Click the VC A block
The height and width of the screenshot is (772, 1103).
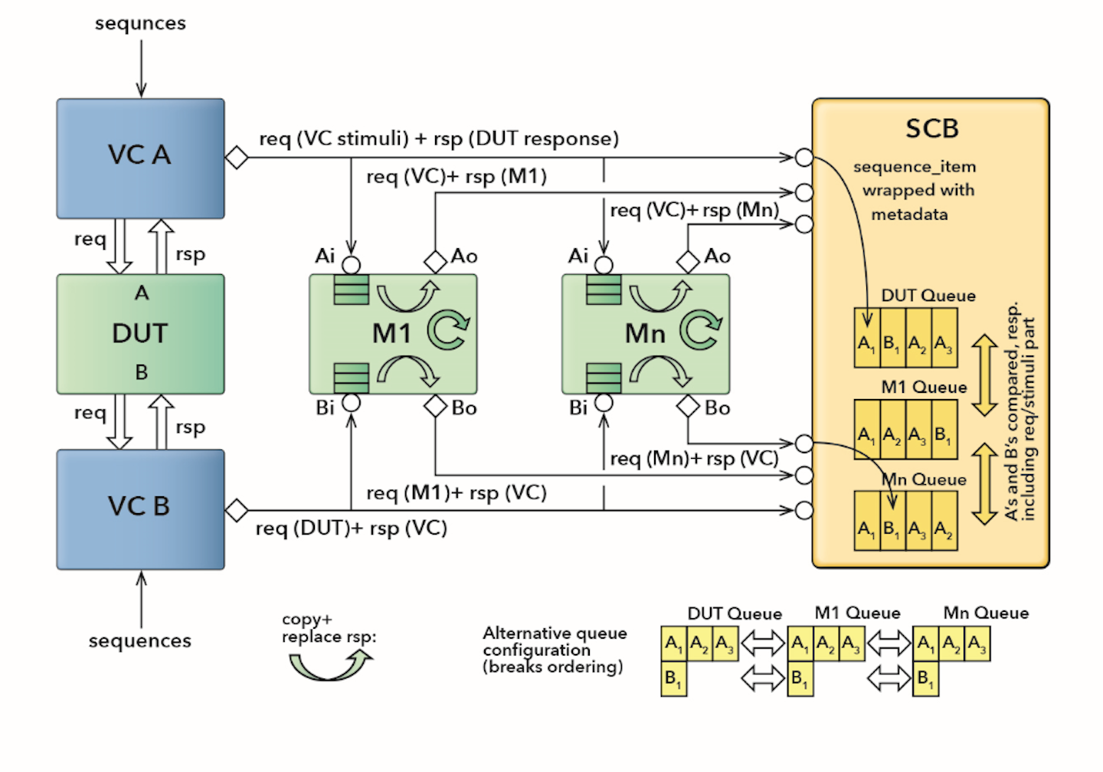[x=140, y=158]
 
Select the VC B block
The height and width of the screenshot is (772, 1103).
[x=140, y=509]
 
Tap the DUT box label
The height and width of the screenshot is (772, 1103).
[x=140, y=333]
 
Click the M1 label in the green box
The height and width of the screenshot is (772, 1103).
[x=391, y=334]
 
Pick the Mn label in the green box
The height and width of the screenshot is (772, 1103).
[x=645, y=334]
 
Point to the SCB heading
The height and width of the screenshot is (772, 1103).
[x=931, y=129]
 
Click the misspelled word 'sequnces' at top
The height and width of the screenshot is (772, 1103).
[x=140, y=23]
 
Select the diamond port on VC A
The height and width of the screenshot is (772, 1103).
[x=237, y=158]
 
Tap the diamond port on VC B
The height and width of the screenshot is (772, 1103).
[x=237, y=510]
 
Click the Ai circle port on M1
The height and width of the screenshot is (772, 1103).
[x=351, y=266]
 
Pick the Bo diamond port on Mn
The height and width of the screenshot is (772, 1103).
[x=688, y=406]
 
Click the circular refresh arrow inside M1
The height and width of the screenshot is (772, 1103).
[x=447, y=330]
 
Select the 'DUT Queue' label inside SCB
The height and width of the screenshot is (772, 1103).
[x=928, y=296]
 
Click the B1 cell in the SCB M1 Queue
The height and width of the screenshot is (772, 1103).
[x=944, y=437]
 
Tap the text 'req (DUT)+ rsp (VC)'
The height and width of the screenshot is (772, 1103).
[x=351, y=528]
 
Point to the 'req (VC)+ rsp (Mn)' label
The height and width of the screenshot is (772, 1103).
[x=694, y=210]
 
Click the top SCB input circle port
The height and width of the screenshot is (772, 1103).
[x=804, y=158]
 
